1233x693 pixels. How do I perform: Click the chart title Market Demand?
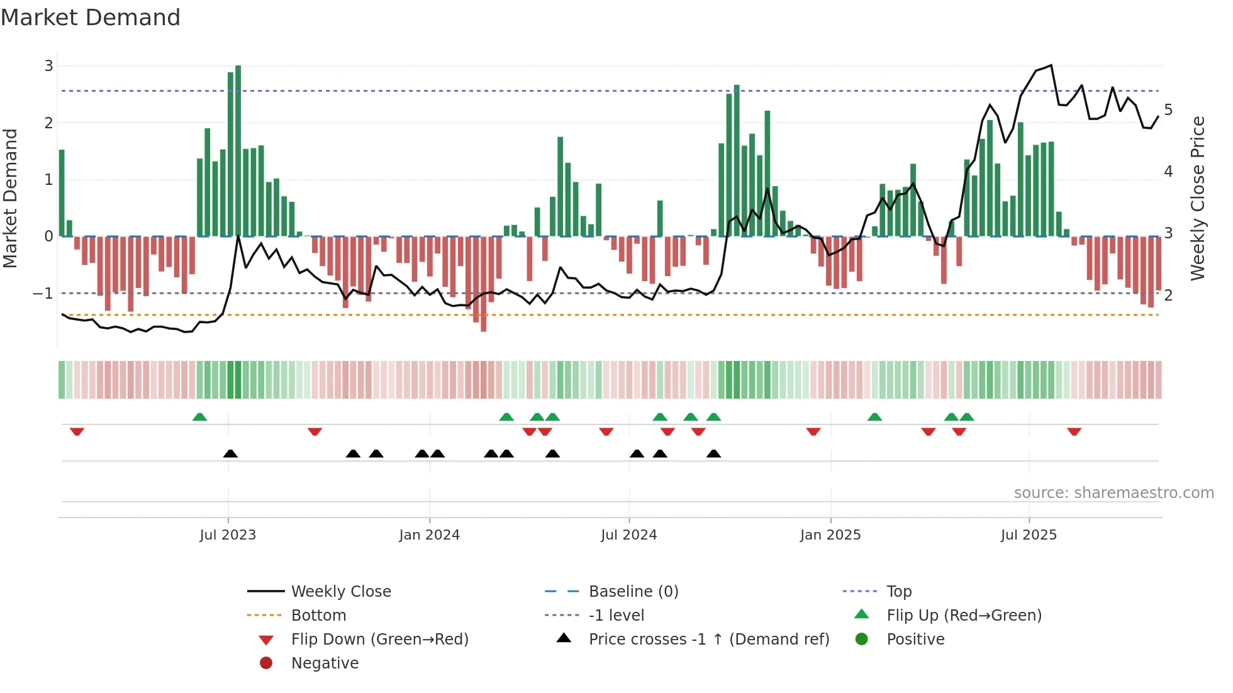[x=91, y=18]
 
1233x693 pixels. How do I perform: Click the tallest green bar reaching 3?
[x=238, y=151]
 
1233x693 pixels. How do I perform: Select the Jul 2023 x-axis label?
[x=228, y=535]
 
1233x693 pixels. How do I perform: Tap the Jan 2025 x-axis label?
[x=830, y=535]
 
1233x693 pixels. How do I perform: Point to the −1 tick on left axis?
[x=43, y=294]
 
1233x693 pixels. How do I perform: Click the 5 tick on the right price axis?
[x=1168, y=110]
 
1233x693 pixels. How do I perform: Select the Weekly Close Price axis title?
[x=1198, y=198]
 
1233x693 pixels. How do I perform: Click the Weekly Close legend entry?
[x=340, y=592]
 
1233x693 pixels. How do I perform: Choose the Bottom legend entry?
[x=318, y=616]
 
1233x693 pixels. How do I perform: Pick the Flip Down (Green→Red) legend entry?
[x=379, y=640]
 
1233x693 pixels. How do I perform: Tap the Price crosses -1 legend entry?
[x=708, y=640]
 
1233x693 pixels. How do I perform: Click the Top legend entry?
[x=899, y=592]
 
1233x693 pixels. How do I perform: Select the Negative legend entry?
[x=325, y=663]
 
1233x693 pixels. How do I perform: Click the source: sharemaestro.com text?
[x=1113, y=493]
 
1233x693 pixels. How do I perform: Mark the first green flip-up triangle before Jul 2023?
[x=199, y=417]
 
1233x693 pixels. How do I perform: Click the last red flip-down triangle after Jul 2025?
[x=1074, y=431]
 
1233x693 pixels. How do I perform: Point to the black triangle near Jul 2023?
[x=230, y=453]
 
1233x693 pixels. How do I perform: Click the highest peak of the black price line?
[x=1051, y=65]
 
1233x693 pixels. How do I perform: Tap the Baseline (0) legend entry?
[x=633, y=592]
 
